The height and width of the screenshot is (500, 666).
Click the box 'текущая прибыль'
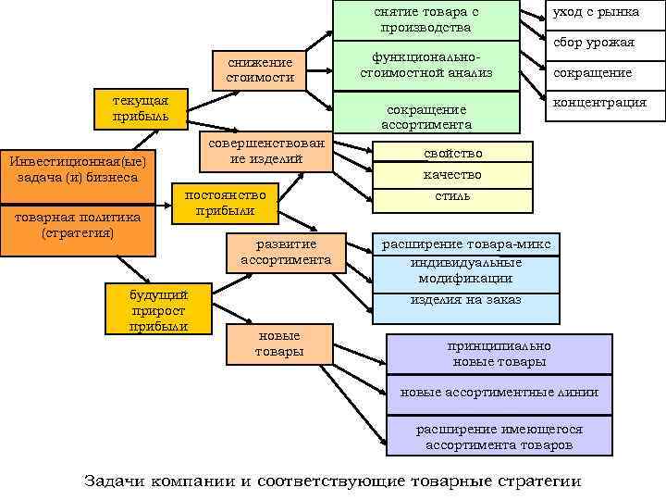pyautogui.click(x=140, y=108)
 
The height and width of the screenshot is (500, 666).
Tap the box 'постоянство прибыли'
pyautogui.click(x=226, y=203)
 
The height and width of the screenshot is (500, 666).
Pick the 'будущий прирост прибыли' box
pyautogui.click(x=158, y=309)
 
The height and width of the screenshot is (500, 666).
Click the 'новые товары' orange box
pyautogui.click(x=278, y=344)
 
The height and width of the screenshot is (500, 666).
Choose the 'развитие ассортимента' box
pyautogui.click(x=286, y=252)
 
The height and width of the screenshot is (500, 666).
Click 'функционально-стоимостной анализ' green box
pyautogui.click(x=426, y=65)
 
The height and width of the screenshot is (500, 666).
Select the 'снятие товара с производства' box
pyautogui.click(x=426, y=19)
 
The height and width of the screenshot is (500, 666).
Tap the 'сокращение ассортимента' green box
pyautogui.click(x=426, y=116)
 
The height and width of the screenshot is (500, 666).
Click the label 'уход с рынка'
pyautogui.click(x=596, y=12)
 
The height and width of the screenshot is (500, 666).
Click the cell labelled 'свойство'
pyautogui.click(x=452, y=153)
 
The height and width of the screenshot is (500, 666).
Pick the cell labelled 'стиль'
pyautogui.click(x=452, y=197)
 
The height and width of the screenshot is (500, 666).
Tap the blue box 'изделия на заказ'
pyautogui.click(x=466, y=300)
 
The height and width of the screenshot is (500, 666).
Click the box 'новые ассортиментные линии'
pyautogui.click(x=499, y=393)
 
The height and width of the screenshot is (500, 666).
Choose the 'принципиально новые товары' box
pyautogui.click(x=499, y=354)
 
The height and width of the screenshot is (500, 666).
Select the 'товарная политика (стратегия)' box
pyautogui.click(x=78, y=226)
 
